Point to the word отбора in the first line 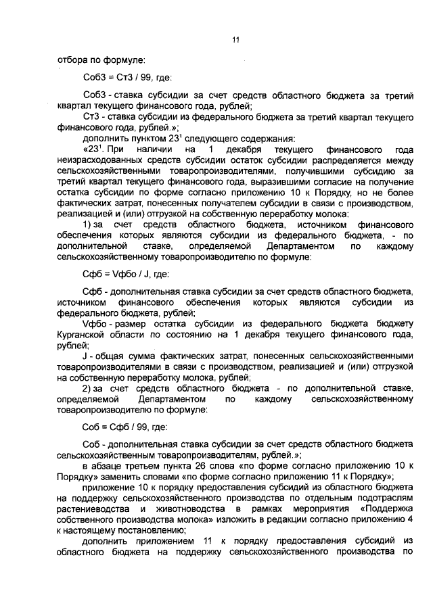coord(70,59)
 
